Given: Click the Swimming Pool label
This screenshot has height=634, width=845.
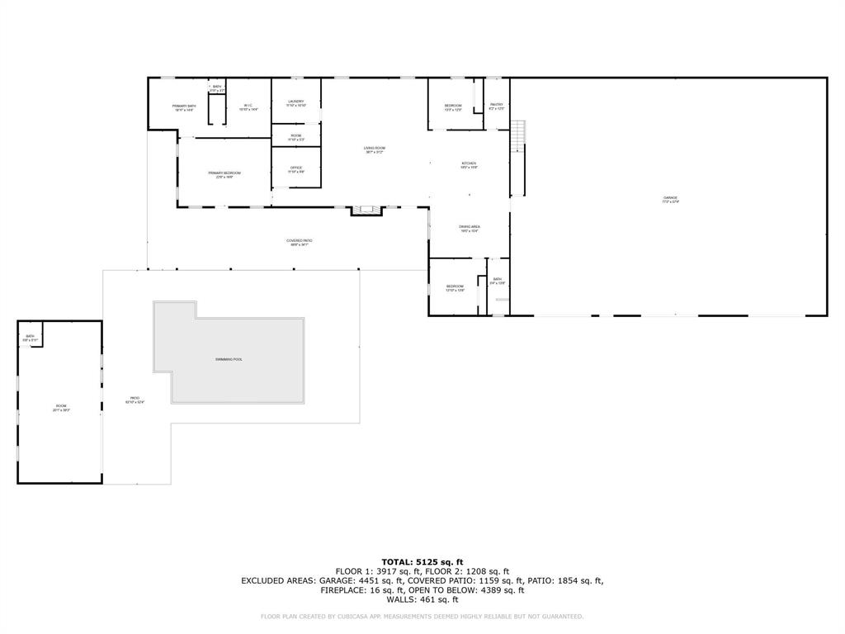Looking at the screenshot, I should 229,359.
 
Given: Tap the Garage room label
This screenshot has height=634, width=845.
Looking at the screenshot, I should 669,198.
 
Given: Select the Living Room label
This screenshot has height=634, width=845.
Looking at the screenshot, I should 375,149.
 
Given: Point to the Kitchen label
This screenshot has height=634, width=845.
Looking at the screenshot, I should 469,163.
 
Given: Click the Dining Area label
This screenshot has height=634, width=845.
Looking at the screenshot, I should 470,227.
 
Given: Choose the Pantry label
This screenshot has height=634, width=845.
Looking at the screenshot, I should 496,105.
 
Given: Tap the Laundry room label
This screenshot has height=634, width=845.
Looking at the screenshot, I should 296,102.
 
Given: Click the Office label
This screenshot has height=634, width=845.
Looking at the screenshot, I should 296,168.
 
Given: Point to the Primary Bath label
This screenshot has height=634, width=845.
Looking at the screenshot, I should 184,106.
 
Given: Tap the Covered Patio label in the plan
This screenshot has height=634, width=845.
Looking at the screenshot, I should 300,241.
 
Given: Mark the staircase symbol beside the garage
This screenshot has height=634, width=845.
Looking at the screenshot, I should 517,135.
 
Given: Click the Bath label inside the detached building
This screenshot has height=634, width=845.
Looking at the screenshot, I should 30,336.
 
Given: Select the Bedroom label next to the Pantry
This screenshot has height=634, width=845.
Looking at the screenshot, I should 453,106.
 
